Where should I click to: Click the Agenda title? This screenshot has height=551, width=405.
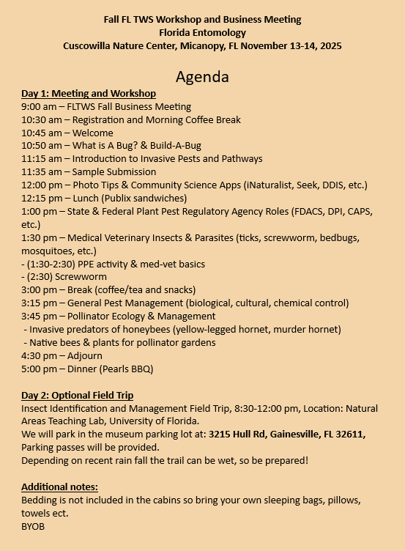tap(202, 77)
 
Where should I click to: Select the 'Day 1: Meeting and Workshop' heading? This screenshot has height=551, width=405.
tap(88, 94)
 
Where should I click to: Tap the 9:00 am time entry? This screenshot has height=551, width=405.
tap(38, 107)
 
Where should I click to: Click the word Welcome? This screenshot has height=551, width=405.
tap(92, 133)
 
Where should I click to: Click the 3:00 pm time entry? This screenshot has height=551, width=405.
tap(38, 290)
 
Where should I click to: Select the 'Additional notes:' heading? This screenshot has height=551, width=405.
tap(59, 487)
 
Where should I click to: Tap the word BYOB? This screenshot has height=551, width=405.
tap(33, 526)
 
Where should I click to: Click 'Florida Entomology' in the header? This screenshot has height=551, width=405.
tap(202, 32)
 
